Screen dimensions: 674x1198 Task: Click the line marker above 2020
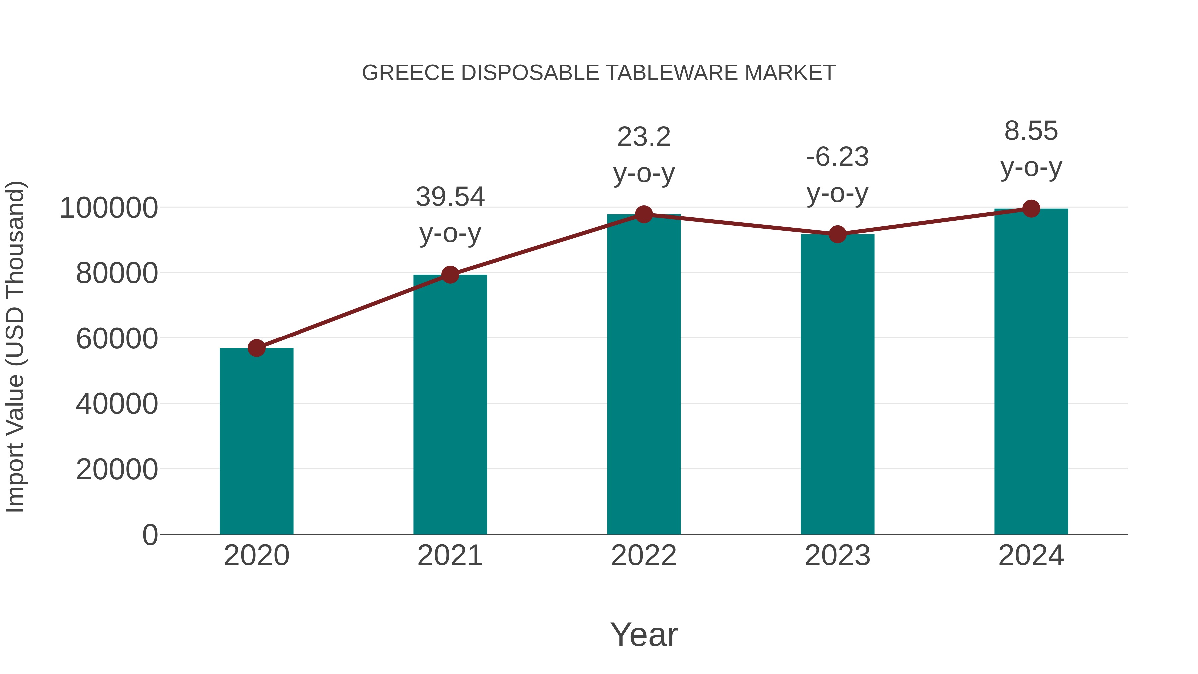tap(256, 348)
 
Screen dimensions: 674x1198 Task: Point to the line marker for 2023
tap(837, 234)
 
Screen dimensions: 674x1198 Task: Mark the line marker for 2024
tap(1031, 209)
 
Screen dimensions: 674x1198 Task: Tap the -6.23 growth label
tap(837, 157)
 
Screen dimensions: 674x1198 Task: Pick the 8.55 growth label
tap(1031, 131)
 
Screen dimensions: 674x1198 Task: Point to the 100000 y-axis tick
tap(108, 208)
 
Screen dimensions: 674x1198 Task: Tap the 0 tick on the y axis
tap(150, 535)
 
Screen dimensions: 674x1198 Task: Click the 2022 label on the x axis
tap(644, 556)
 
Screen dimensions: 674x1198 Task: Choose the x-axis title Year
tap(644, 634)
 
